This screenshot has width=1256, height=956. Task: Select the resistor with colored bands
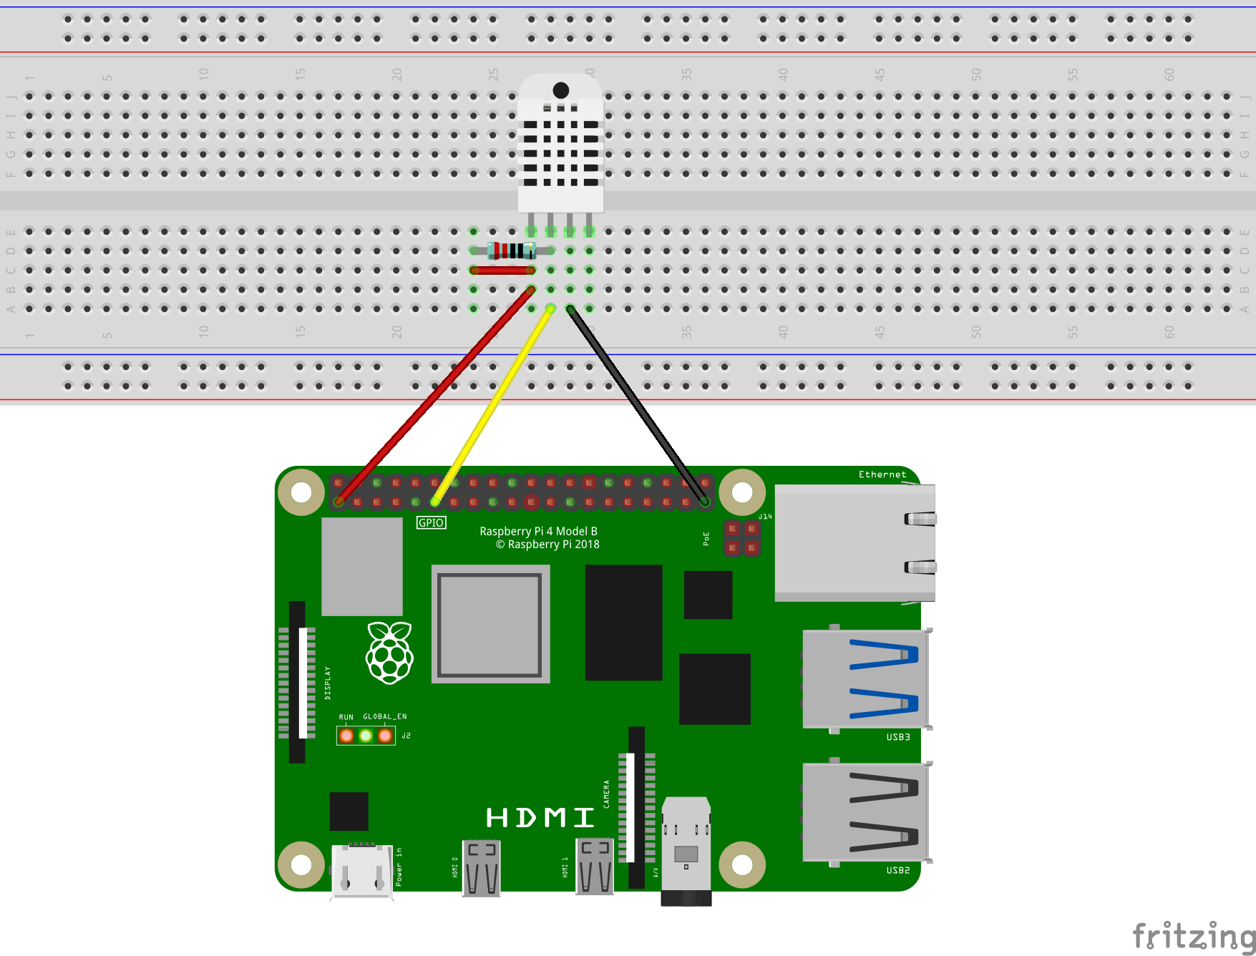pos(511,250)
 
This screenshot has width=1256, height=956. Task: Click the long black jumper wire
pos(637,405)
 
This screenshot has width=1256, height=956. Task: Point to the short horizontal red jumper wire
pos(502,270)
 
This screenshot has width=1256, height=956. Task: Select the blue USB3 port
pos(865,678)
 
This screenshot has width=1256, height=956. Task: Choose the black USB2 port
pos(865,811)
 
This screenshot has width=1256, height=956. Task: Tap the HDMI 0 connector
pos(482,867)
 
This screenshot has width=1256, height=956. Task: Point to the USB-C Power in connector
pos(362,869)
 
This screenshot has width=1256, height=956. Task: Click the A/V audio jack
pos(686,852)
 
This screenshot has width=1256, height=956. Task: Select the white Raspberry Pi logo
pos(389,653)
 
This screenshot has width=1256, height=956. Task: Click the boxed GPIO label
pos(431,523)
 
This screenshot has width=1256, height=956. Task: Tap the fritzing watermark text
pos(1193,935)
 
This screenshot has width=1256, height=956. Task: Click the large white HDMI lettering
pos(540,817)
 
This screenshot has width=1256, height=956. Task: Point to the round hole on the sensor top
pos(561,90)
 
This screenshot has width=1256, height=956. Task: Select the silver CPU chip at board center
pos(490,624)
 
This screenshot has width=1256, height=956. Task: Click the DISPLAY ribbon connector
pos(298,681)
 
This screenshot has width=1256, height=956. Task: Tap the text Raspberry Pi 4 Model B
pos(538,531)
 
